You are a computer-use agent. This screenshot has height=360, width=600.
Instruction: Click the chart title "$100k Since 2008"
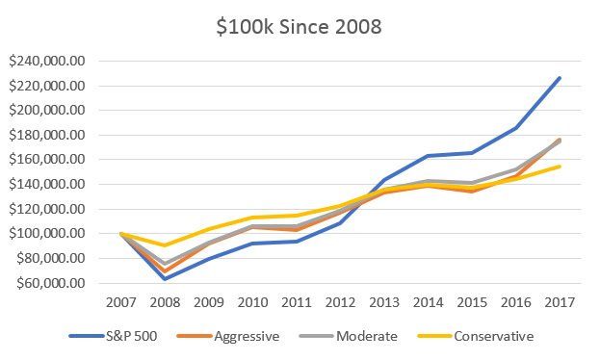299,27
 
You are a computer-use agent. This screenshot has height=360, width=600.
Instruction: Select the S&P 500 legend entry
114,336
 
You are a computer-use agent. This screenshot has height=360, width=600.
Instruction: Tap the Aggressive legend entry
228,336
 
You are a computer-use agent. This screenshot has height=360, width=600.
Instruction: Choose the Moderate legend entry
349,336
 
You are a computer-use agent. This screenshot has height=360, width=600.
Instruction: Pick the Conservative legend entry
476,336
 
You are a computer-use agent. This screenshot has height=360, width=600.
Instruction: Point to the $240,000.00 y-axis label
46,61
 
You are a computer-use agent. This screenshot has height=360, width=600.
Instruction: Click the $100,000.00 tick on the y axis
46,233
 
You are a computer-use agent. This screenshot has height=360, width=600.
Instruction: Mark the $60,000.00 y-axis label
50,283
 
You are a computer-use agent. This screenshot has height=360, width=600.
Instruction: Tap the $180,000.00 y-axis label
46,135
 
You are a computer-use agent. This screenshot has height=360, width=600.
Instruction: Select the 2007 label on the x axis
121,302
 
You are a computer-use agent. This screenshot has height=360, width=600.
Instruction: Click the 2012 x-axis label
340,302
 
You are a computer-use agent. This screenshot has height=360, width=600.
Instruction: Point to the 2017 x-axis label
560,302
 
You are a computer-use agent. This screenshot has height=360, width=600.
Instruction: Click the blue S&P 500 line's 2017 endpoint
560,78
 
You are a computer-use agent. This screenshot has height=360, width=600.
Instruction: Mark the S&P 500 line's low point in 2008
165,278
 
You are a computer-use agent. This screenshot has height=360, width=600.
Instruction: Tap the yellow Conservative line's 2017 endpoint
560,167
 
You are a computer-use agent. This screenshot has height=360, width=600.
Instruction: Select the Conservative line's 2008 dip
165,245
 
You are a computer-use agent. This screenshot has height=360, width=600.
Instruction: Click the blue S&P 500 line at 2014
428,156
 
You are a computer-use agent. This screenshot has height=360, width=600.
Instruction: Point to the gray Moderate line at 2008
165,264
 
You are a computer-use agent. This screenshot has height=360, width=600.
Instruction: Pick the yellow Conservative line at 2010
252,218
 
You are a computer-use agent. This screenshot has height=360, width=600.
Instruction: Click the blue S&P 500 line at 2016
516,128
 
